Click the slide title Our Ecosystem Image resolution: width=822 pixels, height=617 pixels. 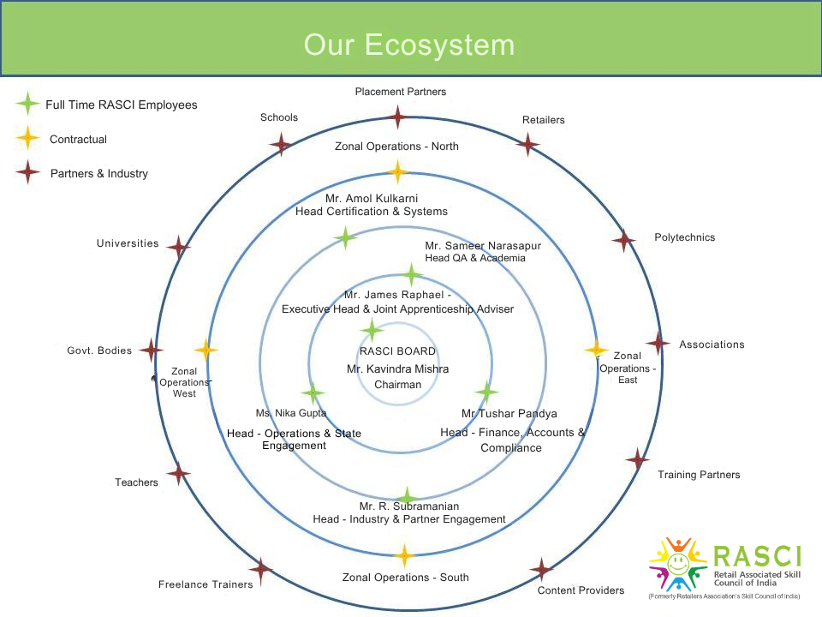409,44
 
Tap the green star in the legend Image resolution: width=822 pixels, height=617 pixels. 28,104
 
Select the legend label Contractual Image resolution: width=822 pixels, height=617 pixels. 78,139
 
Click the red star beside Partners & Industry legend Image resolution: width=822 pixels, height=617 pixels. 28,172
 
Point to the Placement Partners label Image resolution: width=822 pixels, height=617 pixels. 401,92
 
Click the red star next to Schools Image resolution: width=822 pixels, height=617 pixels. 281,143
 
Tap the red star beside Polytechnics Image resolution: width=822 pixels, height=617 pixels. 624,241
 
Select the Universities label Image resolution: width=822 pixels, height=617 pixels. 128,243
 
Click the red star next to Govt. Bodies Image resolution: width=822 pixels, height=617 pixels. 152,350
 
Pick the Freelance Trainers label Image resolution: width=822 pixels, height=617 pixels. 205,584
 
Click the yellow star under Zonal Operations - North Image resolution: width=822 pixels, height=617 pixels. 397,171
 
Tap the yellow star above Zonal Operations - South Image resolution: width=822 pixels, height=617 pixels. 403,555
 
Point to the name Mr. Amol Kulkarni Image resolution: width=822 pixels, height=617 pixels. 371,199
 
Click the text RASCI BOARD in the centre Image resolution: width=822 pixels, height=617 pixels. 397,351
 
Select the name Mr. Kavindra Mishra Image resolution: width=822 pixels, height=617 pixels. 397,368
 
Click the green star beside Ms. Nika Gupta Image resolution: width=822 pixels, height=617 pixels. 313,393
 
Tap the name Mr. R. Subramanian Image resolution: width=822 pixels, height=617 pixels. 409,506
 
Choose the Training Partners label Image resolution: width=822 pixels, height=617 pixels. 699,475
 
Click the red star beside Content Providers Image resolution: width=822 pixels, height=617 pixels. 541,569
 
